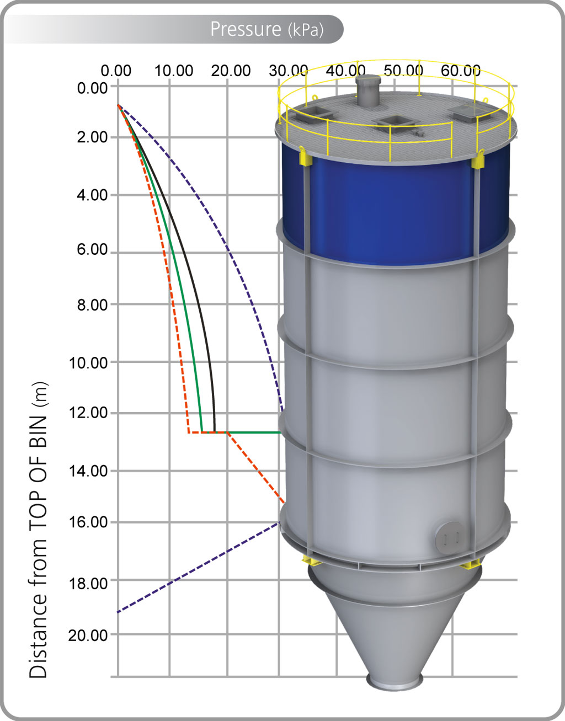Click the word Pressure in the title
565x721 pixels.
[x=246, y=29]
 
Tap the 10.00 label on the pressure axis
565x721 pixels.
[x=174, y=71]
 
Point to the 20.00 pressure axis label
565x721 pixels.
[x=231, y=71]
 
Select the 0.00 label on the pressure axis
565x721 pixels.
[x=116, y=71]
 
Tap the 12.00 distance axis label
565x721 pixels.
[x=88, y=413]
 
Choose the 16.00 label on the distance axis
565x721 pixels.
[x=88, y=522]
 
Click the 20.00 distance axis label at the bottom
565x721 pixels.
[x=88, y=635]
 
